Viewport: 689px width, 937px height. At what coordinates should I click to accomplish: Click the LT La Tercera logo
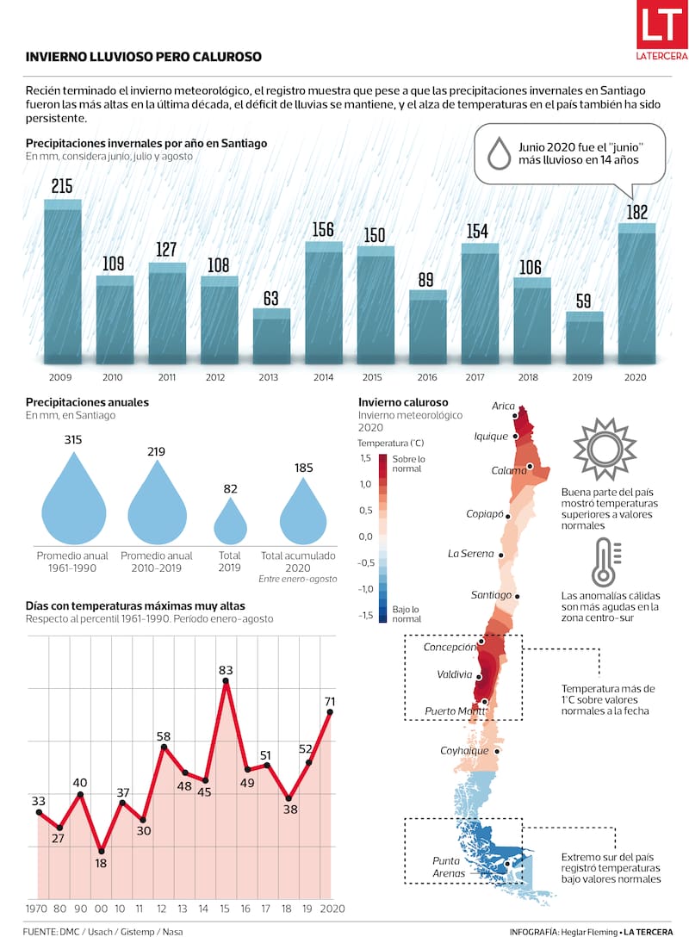pyautogui.click(x=661, y=31)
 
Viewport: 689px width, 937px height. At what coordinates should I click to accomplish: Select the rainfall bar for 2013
pyautogui.click(x=271, y=336)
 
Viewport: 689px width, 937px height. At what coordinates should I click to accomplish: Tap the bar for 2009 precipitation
pyautogui.click(x=63, y=284)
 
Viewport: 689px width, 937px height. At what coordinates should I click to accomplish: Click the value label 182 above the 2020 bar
pyautogui.click(x=637, y=212)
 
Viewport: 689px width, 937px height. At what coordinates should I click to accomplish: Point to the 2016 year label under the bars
pyautogui.click(x=428, y=376)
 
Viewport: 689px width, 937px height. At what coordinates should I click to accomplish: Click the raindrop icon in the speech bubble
pyautogui.click(x=499, y=153)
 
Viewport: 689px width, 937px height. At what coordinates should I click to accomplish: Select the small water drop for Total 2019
pyautogui.click(x=230, y=520)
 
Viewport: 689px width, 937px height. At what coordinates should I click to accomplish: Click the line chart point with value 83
pyautogui.click(x=226, y=682)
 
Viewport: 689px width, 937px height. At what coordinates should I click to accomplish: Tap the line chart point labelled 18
pyautogui.click(x=102, y=850)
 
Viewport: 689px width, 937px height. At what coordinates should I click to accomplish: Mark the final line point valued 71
pyautogui.click(x=330, y=712)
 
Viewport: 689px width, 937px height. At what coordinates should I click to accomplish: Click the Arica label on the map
pyautogui.click(x=504, y=406)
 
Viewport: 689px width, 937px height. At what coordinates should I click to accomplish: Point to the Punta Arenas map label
pyautogui.click(x=449, y=866)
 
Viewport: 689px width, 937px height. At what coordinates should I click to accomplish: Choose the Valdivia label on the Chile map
pyautogui.click(x=454, y=674)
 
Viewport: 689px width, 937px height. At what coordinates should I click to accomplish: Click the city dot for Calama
pyautogui.click(x=531, y=467)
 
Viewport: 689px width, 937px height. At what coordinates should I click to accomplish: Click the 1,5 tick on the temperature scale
pyautogui.click(x=365, y=458)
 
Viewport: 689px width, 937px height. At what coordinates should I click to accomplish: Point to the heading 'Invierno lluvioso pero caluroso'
pyautogui.click(x=144, y=57)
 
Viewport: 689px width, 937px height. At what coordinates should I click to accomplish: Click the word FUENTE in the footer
pyautogui.click(x=40, y=931)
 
